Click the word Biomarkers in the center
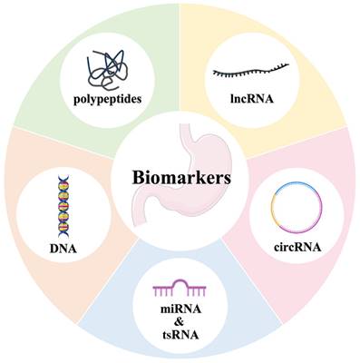point(181,178)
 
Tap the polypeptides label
point(108,99)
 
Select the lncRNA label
point(252,99)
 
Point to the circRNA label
point(297,247)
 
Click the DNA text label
point(63,249)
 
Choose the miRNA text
point(180,309)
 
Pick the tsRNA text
point(180,335)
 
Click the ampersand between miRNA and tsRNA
point(180,322)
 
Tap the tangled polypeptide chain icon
point(105,70)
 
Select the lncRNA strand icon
point(251,71)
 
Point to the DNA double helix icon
point(63,206)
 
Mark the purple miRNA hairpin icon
point(180,288)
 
